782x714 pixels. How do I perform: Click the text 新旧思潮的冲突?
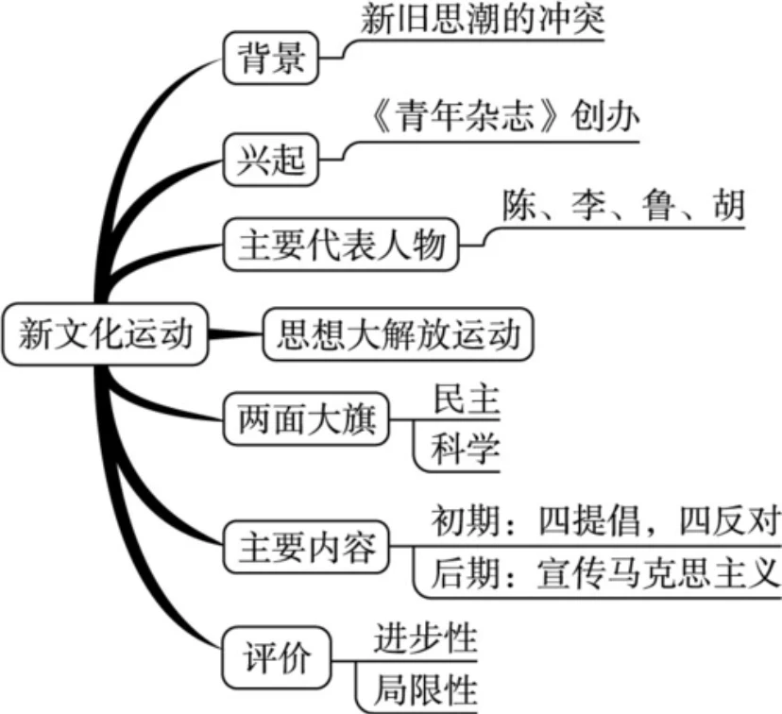(481, 21)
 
